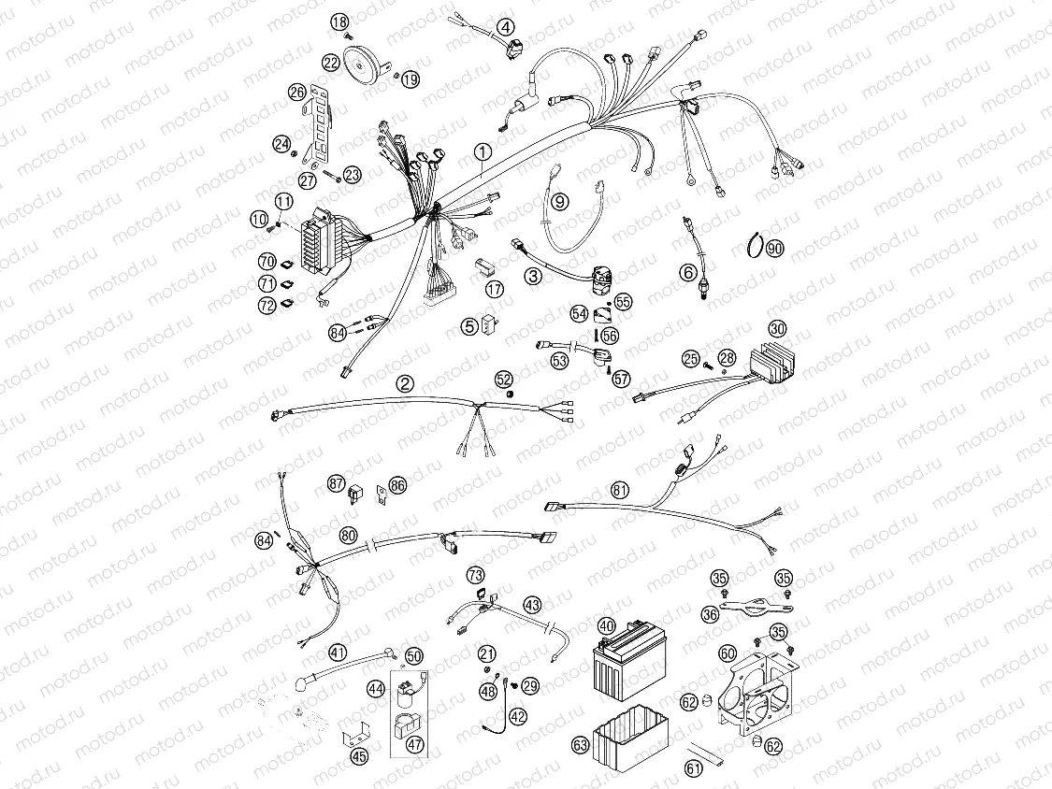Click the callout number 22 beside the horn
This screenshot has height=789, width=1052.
pos(331,63)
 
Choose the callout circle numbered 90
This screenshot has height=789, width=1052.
pos(773,248)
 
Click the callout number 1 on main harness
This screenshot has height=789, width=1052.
pos(482,151)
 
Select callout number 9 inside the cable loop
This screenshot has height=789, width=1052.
pos(559,201)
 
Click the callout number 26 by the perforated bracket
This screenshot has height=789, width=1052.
pos(296,92)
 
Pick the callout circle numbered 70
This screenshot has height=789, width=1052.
pos(267,262)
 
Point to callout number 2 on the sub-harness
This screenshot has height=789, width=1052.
pos(404,383)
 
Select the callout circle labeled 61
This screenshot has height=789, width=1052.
pos(693,768)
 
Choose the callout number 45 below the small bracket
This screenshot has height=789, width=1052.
pos(359,756)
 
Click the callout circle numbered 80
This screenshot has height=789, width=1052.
pos(348,536)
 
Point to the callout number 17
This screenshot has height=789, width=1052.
pos(495,290)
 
